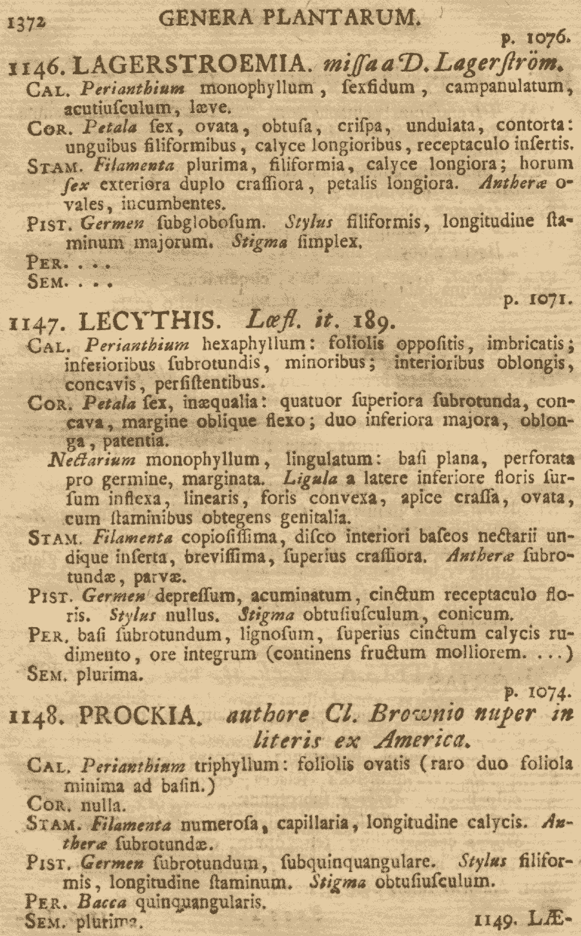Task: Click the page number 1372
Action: click(x=26, y=23)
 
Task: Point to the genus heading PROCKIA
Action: click(x=137, y=715)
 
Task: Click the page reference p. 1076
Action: click(x=535, y=38)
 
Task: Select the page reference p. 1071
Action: click(x=535, y=300)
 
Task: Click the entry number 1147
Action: click(x=39, y=321)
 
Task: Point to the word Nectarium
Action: click(x=92, y=460)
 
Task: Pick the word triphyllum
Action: click(x=240, y=765)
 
